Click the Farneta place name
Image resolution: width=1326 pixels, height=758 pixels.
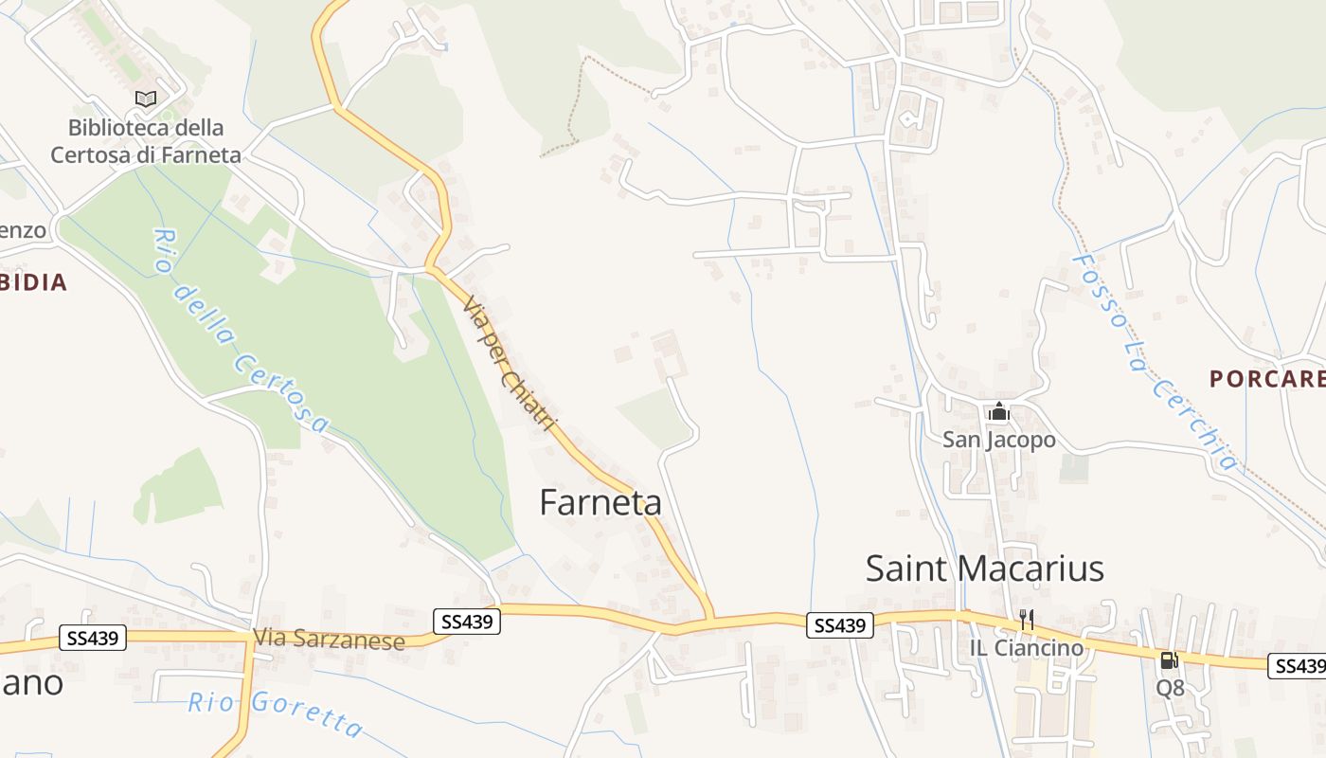(x=600, y=502)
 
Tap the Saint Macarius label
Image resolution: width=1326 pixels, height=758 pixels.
(x=985, y=568)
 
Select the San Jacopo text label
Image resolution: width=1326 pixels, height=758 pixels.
(x=998, y=440)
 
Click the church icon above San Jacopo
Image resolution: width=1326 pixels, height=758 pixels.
(x=998, y=412)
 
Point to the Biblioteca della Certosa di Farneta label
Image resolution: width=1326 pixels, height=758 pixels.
(x=146, y=141)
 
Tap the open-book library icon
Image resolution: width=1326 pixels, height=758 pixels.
(x=146, y=99)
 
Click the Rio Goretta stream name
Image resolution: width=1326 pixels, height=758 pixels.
(x=275, y=713)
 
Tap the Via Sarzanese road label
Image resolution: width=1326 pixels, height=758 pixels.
(x=329, y=641)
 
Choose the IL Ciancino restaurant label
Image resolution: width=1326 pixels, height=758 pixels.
(x=1026, y=648)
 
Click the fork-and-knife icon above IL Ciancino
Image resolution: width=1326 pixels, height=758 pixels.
(x=1026, y=621)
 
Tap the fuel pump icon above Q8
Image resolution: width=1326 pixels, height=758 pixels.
(x=1170, y=660)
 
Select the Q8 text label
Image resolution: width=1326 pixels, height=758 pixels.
(x=1170, y=688)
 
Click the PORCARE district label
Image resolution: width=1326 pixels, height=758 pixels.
(x=1267, y=379)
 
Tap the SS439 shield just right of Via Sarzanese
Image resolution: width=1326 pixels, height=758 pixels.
(x=467, y=622)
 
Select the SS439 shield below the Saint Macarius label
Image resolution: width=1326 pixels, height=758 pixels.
(x=840, y=625)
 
